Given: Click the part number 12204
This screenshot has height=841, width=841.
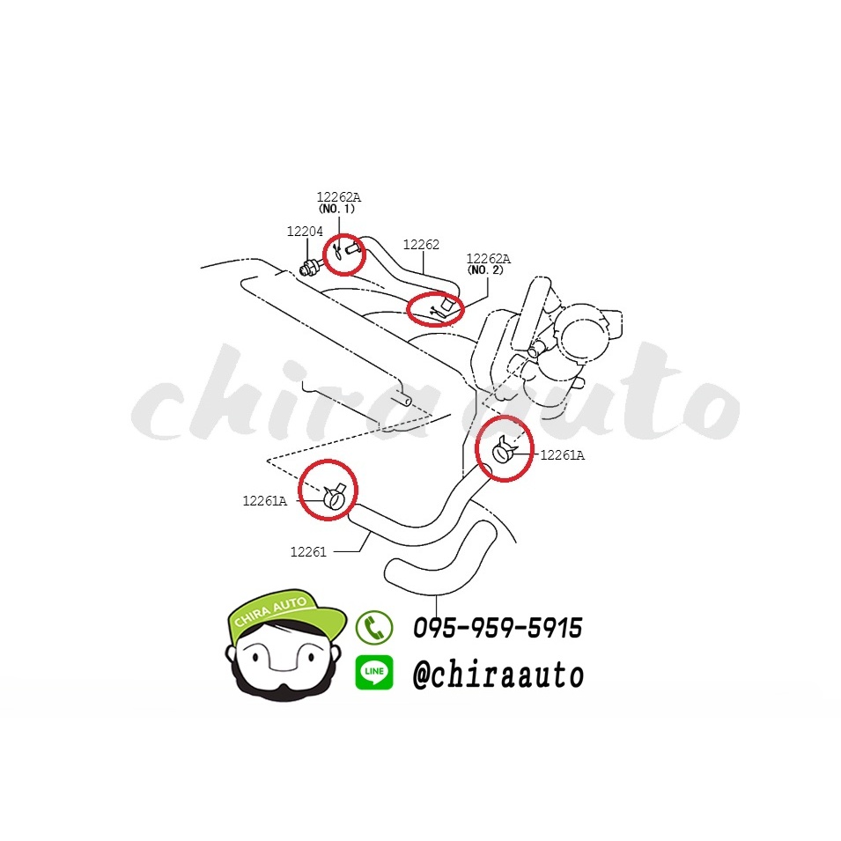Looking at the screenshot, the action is coord(305,232).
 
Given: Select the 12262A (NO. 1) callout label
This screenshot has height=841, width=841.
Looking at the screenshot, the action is coord(338,203).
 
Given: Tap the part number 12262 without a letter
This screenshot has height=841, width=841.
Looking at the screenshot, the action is coord(421,245).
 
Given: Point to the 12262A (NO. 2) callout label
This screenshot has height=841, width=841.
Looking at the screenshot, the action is coord(488,264).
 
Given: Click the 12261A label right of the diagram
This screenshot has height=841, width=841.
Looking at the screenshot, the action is coord(562,454).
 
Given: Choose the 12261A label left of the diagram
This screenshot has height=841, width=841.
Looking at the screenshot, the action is coord(264,501).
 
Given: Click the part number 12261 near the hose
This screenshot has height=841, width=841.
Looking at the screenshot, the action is coord(308,551).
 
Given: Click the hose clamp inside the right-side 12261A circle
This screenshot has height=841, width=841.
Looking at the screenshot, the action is coord(503,451).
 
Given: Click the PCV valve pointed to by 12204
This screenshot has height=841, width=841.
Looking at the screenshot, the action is coord(309,267).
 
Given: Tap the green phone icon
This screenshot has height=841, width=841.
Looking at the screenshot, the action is coord(374,627).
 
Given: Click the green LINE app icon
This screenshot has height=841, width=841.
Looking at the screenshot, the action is coord(374,672).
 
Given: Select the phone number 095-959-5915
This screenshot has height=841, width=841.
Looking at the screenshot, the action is coord(498,628).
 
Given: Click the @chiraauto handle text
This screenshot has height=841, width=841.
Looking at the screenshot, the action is coord(498,675).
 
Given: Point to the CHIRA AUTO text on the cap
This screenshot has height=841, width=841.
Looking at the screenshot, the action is coord(271,611).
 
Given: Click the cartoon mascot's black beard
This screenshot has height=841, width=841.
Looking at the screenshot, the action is coord(284,687).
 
